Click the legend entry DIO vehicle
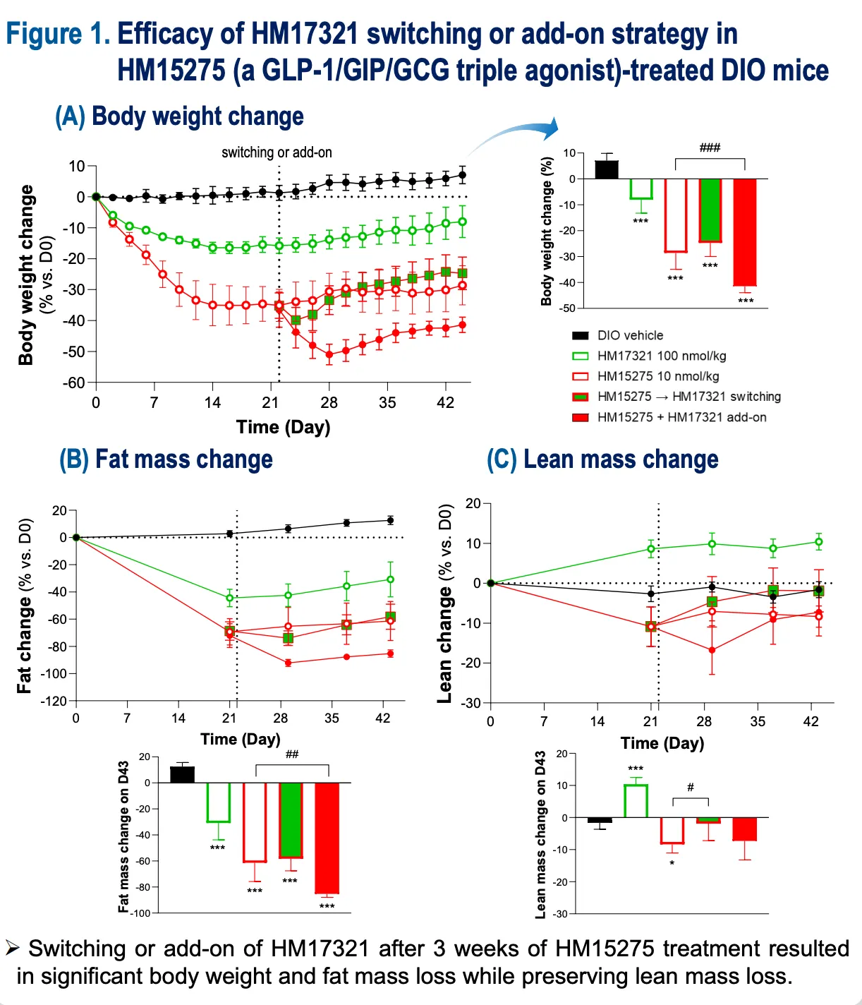click(x=630, y=336)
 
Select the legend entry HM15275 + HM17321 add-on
click(x=681, y=417)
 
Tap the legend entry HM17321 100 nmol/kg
click(x=661, y=356)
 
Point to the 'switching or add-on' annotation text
click(x=277, y=152)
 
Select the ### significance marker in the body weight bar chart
click(x=710, y=148)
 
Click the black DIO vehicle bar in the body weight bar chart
click(x=607, y=169)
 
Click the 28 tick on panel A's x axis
click(x=329, y=403)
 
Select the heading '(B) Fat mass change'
click(x=166, y=459)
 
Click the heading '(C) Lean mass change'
click(x=603, y=459)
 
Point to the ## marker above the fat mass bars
click(x=292, y=754)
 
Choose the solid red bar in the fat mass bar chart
click(x=327, y=838)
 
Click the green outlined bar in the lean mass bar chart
click(x=636, y=801)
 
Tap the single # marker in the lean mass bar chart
click(x=691, y=787)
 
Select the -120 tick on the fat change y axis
click(x=54, y=701)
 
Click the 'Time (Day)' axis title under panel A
click(x=284, y=427)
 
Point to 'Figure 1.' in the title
click(x=58, y=34)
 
